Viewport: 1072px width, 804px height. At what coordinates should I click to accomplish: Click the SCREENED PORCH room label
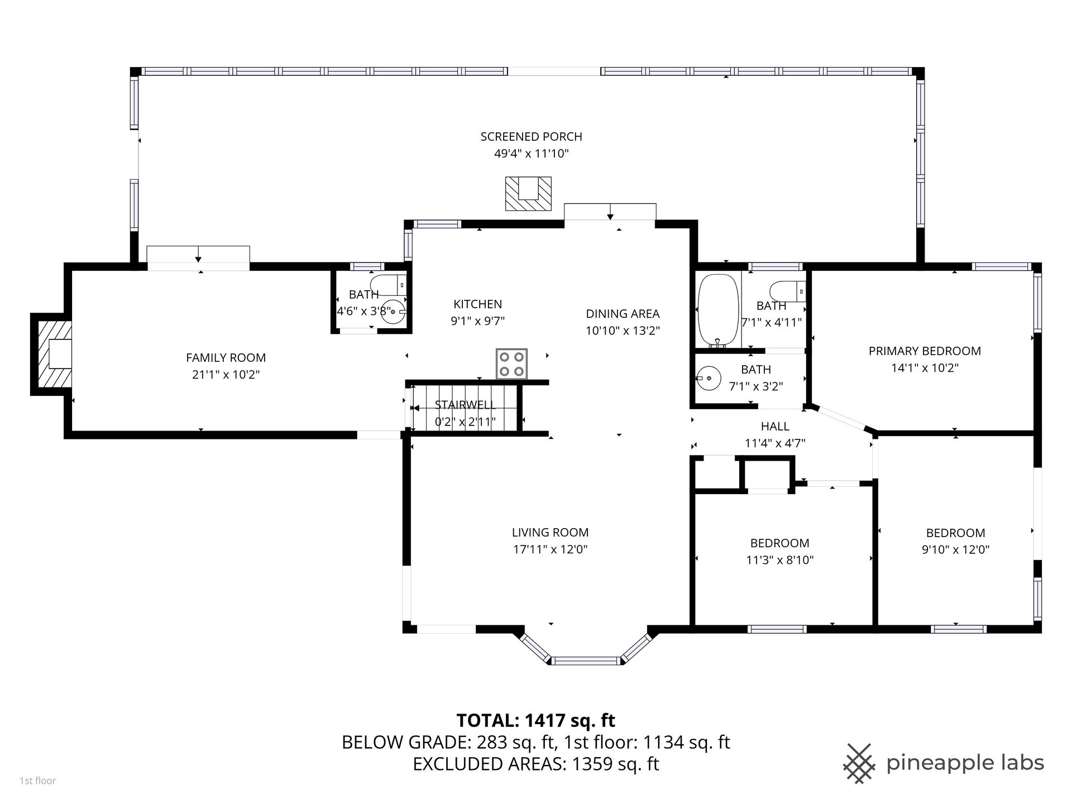pyautogui.click(x=531, y=137)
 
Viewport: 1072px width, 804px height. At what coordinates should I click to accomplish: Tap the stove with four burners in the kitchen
pyautogui.click(x=511, y=364)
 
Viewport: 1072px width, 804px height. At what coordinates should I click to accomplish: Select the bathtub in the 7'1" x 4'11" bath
pyautogui.click(x=717, y=310)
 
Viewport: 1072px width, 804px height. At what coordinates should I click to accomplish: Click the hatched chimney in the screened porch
pyautogui.click(x=528, y=194)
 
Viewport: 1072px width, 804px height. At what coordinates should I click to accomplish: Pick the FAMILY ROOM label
pyautogui.click(x=226, y=358)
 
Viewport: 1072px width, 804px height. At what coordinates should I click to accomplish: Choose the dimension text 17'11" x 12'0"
pyautogui.click(x=550, y=549)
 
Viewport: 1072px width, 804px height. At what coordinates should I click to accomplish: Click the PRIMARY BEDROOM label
pyautogui.click(x=925, y=351)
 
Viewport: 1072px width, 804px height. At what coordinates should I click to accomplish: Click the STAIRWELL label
pyautogui.click(x=465, y=405)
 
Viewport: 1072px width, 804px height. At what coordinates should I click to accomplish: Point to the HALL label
pyautogui.click(x=775, y=427)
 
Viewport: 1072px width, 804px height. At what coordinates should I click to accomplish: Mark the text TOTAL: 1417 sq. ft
pyautogui.click(x=536, y=720)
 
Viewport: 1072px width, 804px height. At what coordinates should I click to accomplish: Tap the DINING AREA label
pyautogui.click(x=623, y=314)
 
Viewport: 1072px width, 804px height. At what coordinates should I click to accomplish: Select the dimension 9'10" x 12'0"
pyautogui.click(x=955, y=549)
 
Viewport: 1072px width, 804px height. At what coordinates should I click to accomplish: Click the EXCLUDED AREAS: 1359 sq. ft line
pyautogui.click(x=536, y=764)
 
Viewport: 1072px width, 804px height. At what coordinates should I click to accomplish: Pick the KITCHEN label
pyautogui.click(x=477, y=304)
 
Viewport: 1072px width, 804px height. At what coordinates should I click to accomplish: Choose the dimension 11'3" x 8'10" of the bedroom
pyautogui.click(x=779, y=560)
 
